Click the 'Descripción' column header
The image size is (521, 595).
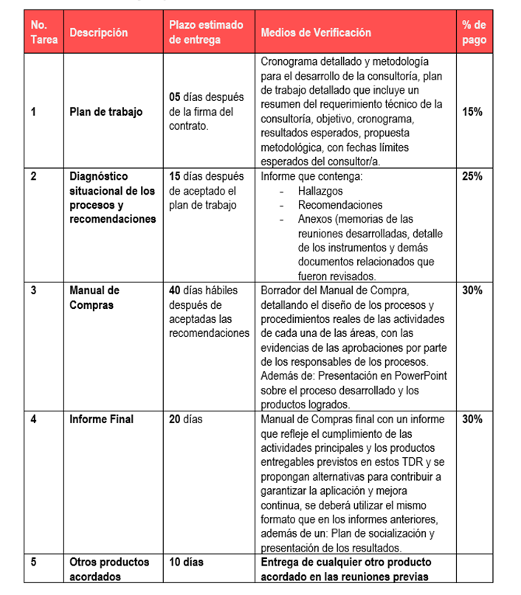point(98,32)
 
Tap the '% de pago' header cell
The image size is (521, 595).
point(474,32)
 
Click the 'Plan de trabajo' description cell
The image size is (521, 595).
point(106,112)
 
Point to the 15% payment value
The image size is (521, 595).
point(472,112)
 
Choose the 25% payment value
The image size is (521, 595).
point(472,177)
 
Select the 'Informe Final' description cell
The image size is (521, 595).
point(102,419)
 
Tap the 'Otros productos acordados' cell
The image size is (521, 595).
point(109,569)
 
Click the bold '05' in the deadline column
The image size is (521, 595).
point(176,97)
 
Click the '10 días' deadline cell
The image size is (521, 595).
point(186,562)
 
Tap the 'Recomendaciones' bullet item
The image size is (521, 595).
point(340,205)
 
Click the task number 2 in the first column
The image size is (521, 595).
point(33,177)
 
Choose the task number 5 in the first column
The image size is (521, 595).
point(33,562)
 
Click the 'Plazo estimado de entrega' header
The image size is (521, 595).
point(206,32)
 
